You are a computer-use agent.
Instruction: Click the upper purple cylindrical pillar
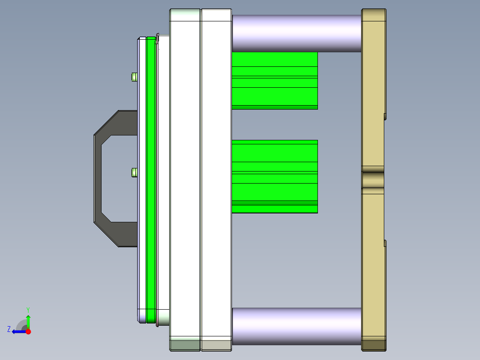coord(296,33)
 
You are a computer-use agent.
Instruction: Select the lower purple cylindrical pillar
coord(296,326)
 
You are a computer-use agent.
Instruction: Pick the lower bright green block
coord(274,176)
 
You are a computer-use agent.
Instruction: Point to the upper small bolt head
coord(134,77)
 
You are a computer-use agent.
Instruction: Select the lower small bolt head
coord(134,172)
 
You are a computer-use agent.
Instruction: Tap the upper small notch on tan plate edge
coord(385,116)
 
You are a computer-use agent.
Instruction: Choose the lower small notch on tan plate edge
coord(385,243)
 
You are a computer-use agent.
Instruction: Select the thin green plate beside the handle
coord(151,178)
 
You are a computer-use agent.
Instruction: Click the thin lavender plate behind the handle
coord(142,178)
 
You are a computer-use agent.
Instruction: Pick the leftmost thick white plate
coord(185,178)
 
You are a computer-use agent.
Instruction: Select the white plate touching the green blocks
coord(216,178)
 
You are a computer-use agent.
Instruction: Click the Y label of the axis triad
coord(28,309)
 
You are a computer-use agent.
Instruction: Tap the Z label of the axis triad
coord(9,329)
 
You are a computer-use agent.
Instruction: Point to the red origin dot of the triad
coord(28,331)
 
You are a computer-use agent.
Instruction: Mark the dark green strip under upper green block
coord(274,107)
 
